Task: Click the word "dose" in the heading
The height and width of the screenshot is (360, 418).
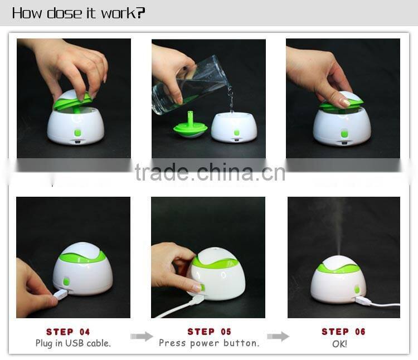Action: pos(64,13)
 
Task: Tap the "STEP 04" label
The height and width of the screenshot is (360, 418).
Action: pos(68,332)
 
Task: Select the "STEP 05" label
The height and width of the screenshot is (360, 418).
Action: pos(209,332)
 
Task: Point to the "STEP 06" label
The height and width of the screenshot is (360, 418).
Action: pos(343,332)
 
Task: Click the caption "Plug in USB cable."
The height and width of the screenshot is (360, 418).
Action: pos(73,343)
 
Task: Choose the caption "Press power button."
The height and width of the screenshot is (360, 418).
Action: pos(209,343)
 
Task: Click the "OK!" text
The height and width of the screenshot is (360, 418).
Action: pos(339,344)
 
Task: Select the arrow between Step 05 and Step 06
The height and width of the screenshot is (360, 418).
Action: pos(278,336)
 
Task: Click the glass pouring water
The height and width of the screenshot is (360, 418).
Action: pos(189,86)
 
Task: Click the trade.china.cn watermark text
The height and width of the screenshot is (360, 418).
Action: pos(210,173)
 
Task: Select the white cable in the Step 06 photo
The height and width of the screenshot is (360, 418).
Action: pos(385,305)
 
